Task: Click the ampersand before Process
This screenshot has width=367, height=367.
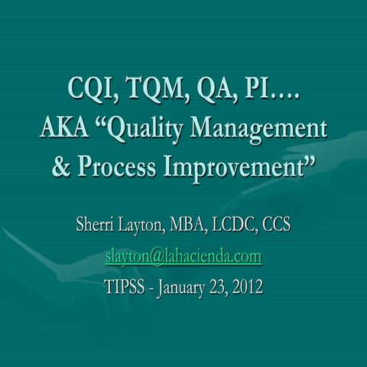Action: click(x=60, y=165)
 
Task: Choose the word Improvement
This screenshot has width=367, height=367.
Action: click(x=239, y=166)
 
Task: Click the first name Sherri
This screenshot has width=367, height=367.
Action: click(x=97, y=226)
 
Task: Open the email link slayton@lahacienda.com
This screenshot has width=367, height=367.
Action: click(x=183, y=256)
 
